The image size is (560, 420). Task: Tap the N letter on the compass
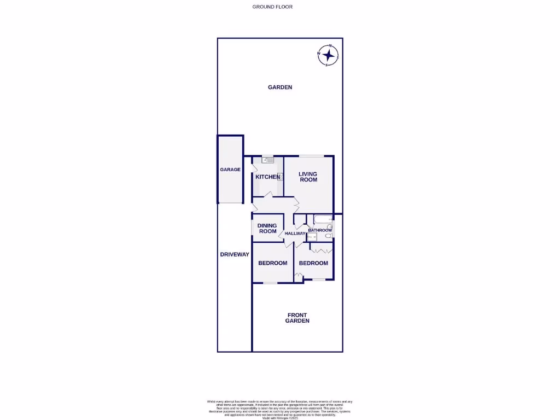tap(330, 46)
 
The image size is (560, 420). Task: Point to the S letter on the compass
tap(327, 65)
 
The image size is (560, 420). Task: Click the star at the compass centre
tap(329, 55)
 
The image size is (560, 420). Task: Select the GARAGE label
tap(230, 170)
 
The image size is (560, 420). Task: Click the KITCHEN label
tap(267, 177)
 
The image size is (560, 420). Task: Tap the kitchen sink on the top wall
tap(268, 160)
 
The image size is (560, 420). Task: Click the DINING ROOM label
tap(267, 229)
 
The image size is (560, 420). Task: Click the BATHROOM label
tap(320, 230)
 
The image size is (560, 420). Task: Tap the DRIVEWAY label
tap(235, 254)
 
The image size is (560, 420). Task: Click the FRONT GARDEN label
tap(297, 318)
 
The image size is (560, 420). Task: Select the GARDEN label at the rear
tap(280, 87)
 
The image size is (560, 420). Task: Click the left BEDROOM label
tap(272, 263)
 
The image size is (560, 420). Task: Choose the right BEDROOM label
tap(313, 263)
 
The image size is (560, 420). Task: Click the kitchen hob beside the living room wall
tap(280, 177)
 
